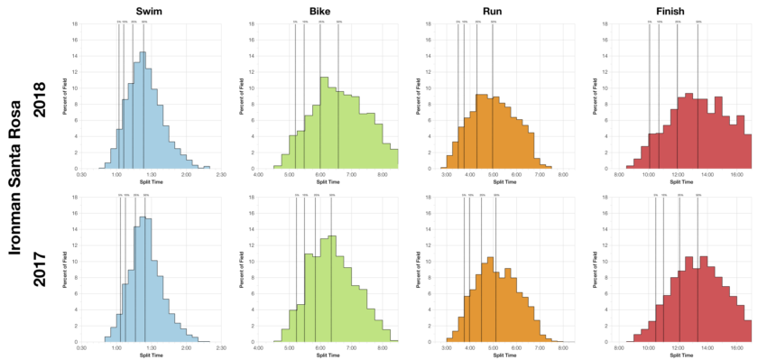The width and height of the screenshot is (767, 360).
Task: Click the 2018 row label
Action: (x=41, y=93)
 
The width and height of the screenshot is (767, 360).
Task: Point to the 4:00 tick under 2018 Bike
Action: (x=259, y=175)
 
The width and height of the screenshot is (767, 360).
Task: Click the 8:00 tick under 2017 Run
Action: (x=562, y=348)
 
